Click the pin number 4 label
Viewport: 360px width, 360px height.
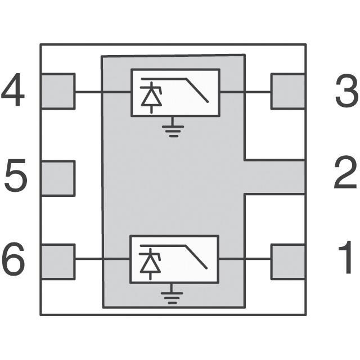[x=13, y=90]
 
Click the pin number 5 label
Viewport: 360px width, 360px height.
[x=16, y=175]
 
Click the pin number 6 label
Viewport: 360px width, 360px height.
[x=13, y=259]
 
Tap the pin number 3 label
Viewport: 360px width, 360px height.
[x=347, y=91]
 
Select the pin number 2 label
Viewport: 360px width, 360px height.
[x=345, y=172]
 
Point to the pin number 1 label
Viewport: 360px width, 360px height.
[x=346, y=257]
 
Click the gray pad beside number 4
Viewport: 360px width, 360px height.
[x=58, y=91]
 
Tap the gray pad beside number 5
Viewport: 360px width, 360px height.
[x=58, y=178]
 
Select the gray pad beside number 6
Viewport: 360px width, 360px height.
[x=58, y=262]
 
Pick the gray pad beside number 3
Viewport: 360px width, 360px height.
[x=288, y=91]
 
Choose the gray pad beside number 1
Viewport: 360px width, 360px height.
[x=288, y=262]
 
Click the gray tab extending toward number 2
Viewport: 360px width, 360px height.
[x=275, y=177]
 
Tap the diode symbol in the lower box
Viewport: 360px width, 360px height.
[x=150, y=264]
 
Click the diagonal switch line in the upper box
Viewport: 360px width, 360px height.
[x=197, y=90]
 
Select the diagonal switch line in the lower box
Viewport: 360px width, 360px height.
[x=196, y=256]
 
